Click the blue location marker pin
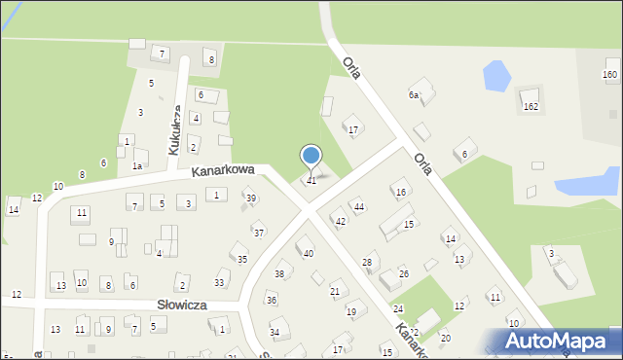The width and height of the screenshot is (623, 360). [x=311, y=156]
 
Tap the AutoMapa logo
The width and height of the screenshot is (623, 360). [x=556, y=340]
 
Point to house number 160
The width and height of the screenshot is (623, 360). [x=610, y=75]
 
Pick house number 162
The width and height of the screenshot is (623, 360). [x=530, y=106]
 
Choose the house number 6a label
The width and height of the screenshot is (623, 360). [x=413, y=95]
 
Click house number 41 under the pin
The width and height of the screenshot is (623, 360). [x=311, y=180]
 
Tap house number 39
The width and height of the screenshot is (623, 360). [x=251, y=198]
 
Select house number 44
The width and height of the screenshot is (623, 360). [x=358, y=206]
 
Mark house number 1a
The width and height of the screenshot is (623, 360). [x=138, y=166]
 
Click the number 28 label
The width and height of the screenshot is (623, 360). [x=367, y=263]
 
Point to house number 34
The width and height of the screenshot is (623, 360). [x=275, y=333]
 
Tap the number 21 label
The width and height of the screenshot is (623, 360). [x=335, y=291]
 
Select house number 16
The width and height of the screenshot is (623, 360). [x=400, y=193]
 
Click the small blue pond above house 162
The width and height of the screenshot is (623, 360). [x=495, y=74]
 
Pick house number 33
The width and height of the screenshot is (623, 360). [x=220, y=283]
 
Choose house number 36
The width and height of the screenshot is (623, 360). [x=272, y=300]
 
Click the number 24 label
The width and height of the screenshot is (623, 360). [x=397, y=308]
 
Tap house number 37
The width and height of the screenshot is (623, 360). [x=258, y=233]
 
